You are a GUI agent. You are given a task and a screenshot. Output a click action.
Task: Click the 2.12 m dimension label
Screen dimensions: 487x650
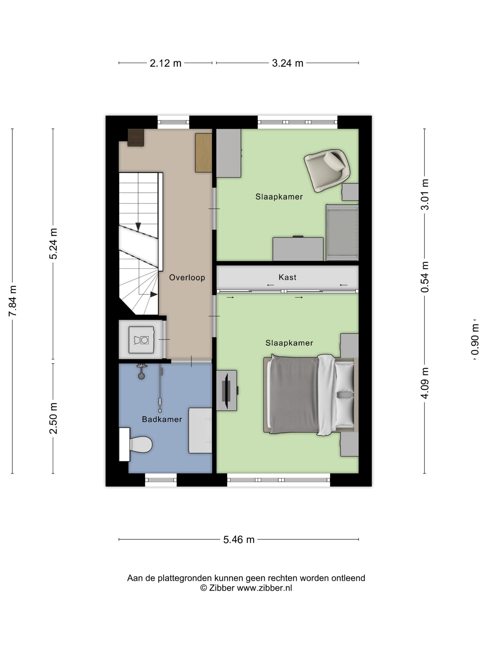click(x=166, y=63)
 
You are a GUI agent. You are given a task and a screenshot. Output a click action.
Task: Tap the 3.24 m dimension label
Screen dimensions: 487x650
click(x=287, y=63)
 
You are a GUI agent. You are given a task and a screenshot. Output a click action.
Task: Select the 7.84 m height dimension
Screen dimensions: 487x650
click(x=13, y=301)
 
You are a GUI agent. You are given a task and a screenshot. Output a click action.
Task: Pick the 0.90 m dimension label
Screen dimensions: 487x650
click(x=474, y=339)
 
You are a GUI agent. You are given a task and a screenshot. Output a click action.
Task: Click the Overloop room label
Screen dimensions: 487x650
click(x=187, y=277)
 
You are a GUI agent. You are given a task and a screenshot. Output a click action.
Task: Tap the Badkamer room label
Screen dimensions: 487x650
click(x=162, y=419)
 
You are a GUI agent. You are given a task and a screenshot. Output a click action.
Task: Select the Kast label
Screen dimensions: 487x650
click(x=287, y=277)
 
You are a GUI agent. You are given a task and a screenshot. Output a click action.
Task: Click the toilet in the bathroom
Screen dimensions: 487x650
click(x=136, y=444)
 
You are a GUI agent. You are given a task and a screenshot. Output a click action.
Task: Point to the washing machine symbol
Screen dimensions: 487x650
click(x=141, y=340)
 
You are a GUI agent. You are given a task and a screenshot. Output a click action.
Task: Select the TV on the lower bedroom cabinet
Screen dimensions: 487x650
click(x=226, y=390)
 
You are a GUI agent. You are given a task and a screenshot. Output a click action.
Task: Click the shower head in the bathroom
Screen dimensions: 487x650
click(x=141, y=372)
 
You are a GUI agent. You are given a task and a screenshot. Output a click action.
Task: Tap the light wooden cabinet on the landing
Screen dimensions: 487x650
click(x=204, y=153)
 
